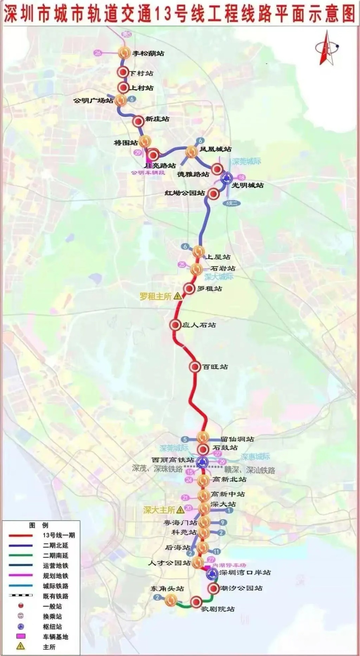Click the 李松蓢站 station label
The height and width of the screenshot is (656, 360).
coord(148,53)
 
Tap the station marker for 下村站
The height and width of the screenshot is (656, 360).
coord(123,72)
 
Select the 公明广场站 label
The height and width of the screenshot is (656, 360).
coord(93,101)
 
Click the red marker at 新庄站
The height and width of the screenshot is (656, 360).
coord(139,121)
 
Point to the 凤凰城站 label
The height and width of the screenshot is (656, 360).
coord(216,149)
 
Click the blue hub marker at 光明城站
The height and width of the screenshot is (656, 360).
coord(226,178)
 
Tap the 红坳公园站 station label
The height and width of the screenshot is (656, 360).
coord(185,193)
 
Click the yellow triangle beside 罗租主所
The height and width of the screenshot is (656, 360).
coord(178,296)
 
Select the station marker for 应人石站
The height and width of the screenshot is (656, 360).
coord(175,325)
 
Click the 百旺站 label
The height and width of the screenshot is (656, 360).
coord(215,367)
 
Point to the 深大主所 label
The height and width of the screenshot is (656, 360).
coord(159,510)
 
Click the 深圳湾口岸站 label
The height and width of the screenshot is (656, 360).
coord(245,573)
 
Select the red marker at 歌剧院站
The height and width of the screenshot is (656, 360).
coord(196,602)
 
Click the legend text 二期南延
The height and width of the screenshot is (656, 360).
coord(56,555)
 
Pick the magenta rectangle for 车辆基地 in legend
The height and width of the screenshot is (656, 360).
coord(21,636)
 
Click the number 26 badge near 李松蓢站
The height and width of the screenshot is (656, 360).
coord(98,53)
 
